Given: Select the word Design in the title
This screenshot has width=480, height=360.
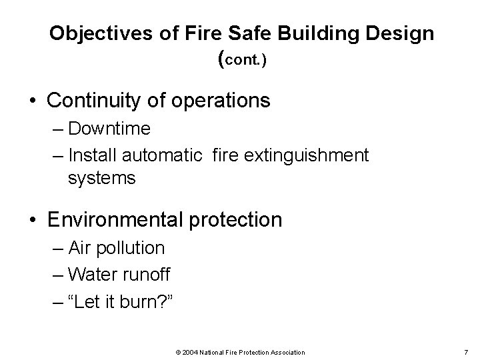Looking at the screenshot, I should (399, 33).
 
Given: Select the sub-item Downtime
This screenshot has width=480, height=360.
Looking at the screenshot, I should (109, 128).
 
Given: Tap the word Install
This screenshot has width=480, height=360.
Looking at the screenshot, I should (91, 155).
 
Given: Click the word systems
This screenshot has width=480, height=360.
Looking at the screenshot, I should (101, 178).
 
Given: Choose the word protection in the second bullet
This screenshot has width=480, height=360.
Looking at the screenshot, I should (238, 219).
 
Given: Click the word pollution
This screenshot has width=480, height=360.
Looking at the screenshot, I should (129, 248).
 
